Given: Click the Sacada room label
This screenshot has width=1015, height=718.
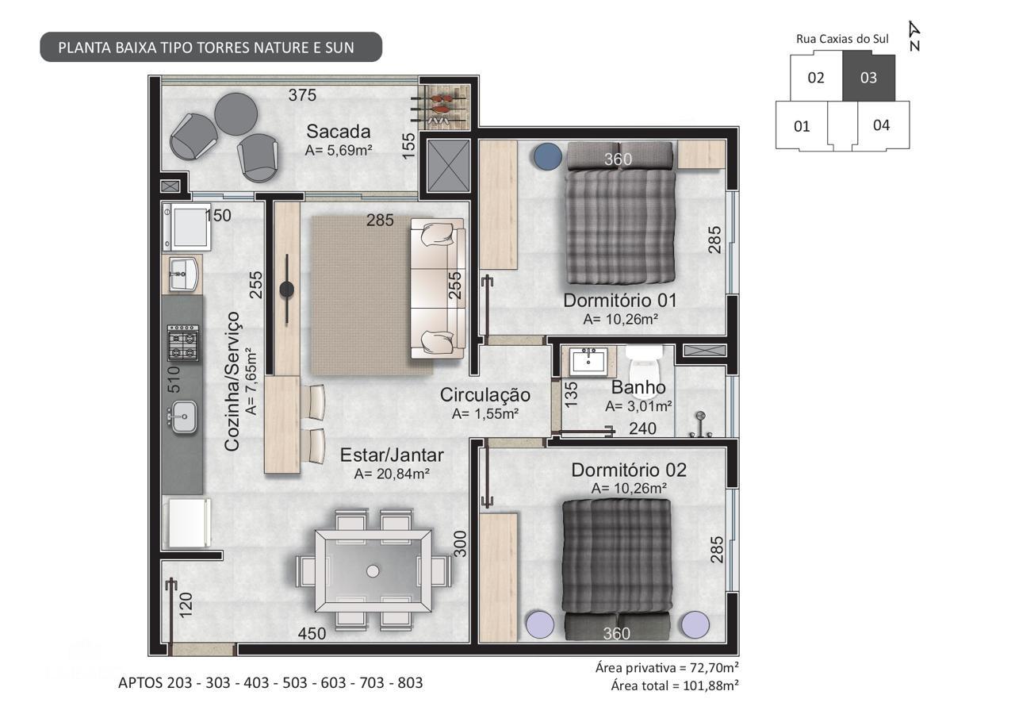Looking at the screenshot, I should tap(339, 131).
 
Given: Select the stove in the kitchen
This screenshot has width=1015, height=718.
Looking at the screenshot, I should tap(182, 343).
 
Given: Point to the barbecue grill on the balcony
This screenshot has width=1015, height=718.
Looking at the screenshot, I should tap(444, 104).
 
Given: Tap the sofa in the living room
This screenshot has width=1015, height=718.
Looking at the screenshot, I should tap(437, 289).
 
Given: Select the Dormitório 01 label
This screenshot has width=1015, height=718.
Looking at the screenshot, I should tap(619, 300).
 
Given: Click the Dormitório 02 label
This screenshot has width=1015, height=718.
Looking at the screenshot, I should tap(628, 470).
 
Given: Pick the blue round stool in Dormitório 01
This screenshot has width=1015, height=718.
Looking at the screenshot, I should tap(546, 156).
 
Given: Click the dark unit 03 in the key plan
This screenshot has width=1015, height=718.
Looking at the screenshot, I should tap(868, 78).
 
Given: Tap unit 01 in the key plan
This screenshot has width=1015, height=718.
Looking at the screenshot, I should tap(802, 125).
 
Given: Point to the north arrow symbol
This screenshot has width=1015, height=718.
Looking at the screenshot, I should tap(914, 36).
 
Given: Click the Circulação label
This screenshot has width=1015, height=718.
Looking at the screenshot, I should tap(485, 394).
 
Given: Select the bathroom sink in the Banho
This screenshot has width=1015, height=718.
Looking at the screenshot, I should tap(588, 360).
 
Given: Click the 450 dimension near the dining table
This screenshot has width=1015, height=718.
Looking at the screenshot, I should tap(312, 634).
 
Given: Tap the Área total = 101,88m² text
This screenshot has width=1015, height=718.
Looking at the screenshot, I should tap(674, 685).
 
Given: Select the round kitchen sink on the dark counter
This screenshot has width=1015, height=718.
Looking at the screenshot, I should tap(182, 415).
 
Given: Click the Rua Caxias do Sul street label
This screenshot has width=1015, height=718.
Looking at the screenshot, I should tap(842, 38).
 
